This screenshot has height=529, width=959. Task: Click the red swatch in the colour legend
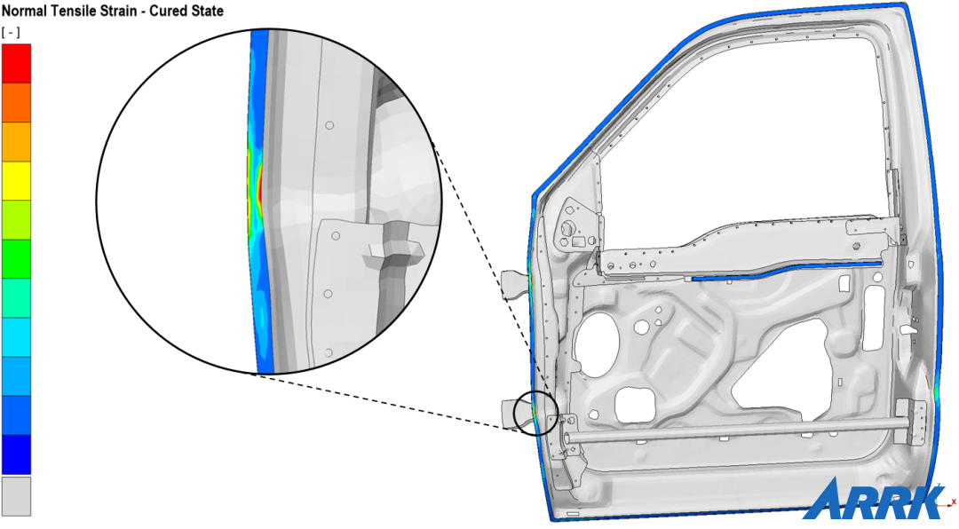(16, 63)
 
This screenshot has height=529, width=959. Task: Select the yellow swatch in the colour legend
(16, 180)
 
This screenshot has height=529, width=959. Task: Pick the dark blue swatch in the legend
(16, 454)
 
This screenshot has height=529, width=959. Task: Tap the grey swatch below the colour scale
(16, 496)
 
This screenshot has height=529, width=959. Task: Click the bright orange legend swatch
(16, 102)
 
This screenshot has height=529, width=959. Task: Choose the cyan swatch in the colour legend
(16, 336)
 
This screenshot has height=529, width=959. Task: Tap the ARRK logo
(874, 500)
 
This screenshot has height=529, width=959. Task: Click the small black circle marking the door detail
(536, 413)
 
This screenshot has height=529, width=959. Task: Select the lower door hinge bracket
(515, 414)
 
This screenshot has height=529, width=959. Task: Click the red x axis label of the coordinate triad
(952, 502)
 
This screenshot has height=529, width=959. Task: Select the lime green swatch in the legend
(16, 219)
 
